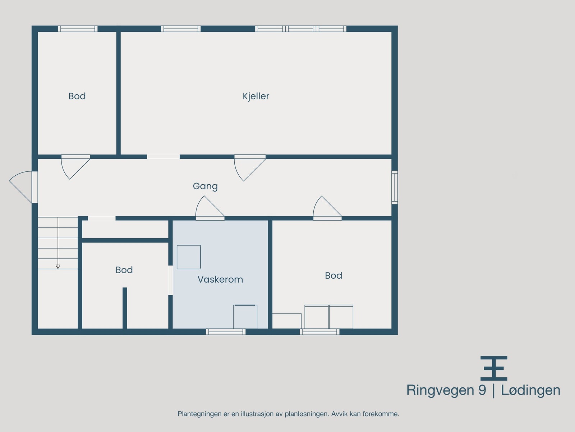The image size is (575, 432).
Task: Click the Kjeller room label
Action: coord(256,96)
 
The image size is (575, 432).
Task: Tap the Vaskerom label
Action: coord(220,279)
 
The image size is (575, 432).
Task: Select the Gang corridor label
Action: coord(205,186)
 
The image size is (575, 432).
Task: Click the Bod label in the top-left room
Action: coord(77,96)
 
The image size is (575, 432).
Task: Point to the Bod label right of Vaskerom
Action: coord(333,275)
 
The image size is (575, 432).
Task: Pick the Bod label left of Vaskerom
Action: coord(124,270)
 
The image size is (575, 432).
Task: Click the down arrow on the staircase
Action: coord(58,266)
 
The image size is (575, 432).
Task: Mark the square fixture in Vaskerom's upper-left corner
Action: coord(189,257)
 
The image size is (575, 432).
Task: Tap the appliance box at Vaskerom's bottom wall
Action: coord(245,316)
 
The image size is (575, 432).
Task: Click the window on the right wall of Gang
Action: coord(394,187)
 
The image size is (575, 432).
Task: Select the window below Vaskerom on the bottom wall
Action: coord(226,332)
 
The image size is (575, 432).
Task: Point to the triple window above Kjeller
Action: coord(301,29)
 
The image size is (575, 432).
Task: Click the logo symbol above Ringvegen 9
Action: coord(494,368)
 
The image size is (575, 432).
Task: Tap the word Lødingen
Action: coord(530,390)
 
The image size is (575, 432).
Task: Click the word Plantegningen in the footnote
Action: coord(199,414)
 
